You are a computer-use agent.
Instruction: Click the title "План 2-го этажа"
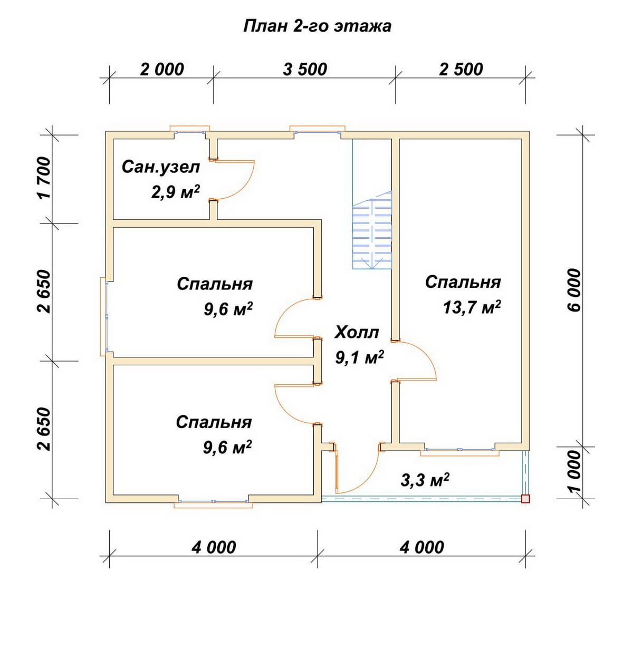point(317,26)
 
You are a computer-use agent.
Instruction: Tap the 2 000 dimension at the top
point(162,70)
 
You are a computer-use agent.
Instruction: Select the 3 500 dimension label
point(305,70)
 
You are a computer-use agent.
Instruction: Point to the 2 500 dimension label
point(461,70)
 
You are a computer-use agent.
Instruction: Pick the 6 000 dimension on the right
point(574,290)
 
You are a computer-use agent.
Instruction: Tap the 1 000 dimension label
point(574,471)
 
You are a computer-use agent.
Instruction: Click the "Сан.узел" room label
point(161,167)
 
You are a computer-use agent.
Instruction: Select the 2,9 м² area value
point(175,192)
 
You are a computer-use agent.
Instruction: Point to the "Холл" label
point(357,333)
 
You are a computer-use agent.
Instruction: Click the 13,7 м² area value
point(472,308)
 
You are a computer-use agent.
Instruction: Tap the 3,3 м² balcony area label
point(425,480)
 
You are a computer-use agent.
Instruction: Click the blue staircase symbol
point(372,230)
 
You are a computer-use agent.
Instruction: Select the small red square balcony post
point(525,499)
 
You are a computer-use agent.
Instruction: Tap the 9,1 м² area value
point(359,357)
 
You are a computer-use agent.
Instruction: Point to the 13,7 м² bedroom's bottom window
point(459,450)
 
